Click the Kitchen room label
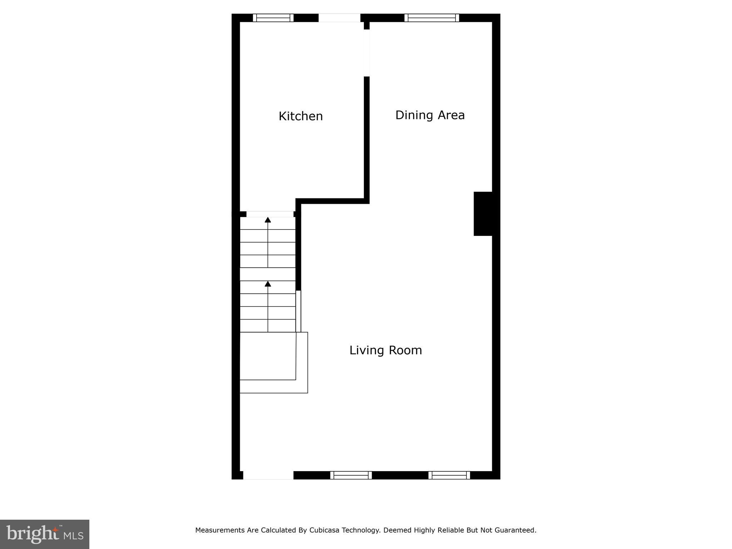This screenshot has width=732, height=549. click(301, 116)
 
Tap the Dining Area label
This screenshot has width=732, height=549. click(430, 115)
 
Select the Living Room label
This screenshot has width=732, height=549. click(386, 350)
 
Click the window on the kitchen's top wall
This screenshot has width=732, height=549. click(273, 18)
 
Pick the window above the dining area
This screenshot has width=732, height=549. click(432, 18)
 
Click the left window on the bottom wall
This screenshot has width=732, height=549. click(351, 475)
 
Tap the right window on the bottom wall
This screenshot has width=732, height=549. click(449, 475)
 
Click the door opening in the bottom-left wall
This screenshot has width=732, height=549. click(268, 475)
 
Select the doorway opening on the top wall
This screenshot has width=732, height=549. click(339, 18)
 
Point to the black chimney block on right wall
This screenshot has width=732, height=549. click(483, 214)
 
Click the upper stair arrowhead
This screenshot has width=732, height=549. click(268, 220)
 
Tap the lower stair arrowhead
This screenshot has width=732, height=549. click(268, 284)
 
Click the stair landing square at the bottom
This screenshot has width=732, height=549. click(268, 356)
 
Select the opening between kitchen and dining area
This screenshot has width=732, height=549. click(367, 53)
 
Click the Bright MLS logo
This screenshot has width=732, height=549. click(45, 534)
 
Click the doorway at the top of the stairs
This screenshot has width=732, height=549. click(270, 214)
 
